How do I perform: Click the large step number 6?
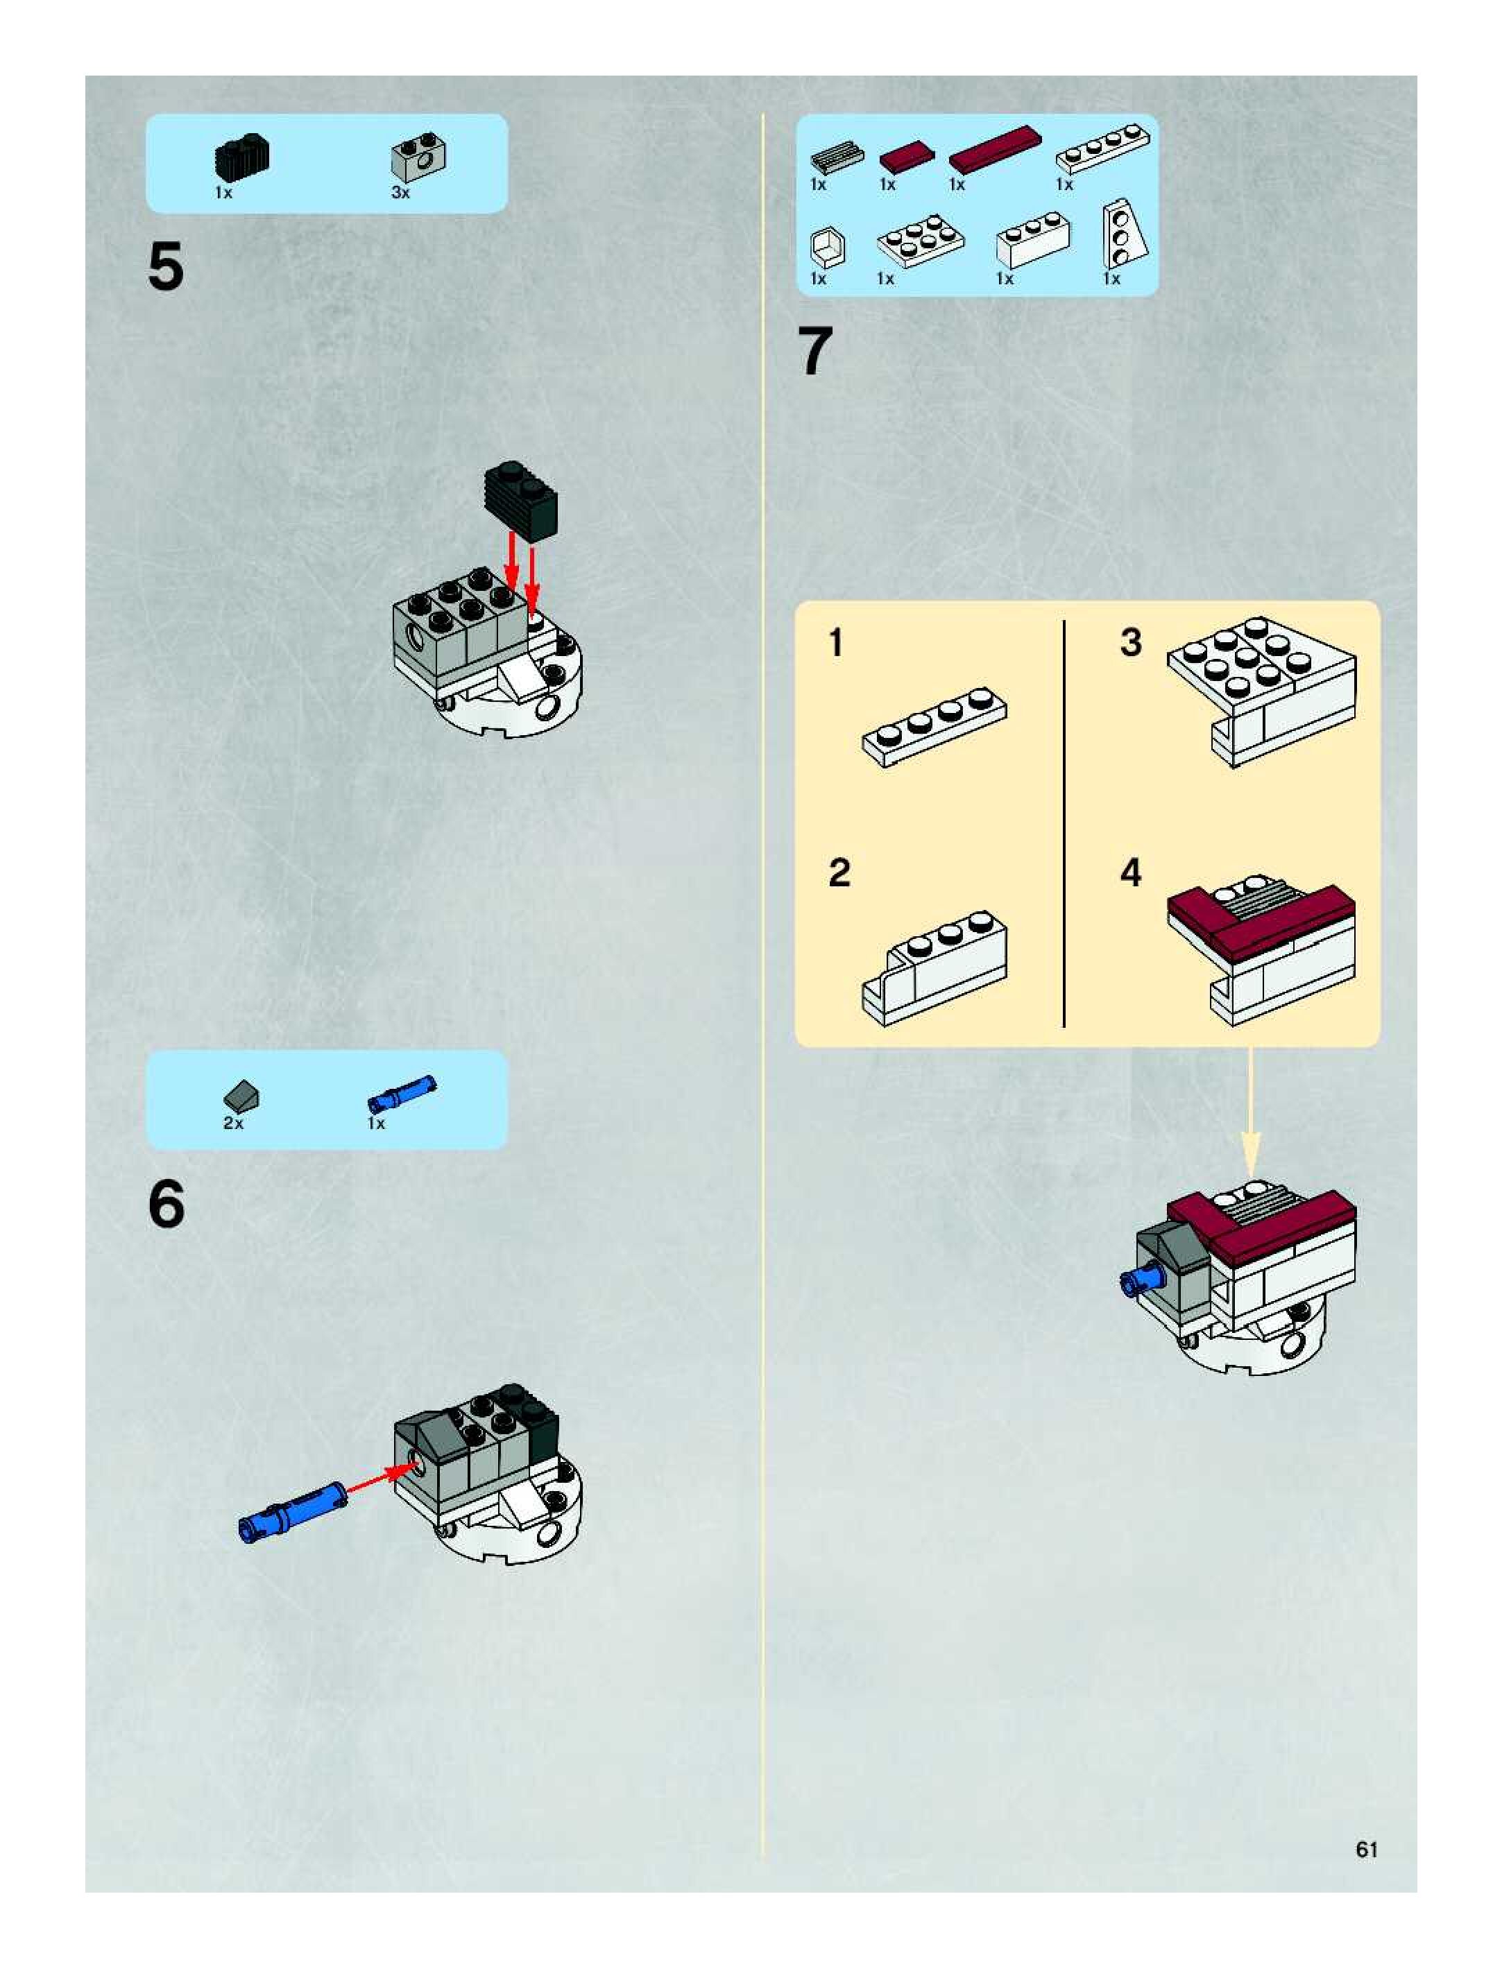click(x=167, y=1205)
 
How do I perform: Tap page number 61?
click(x=1367, y=1849)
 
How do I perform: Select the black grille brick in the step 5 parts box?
click(x=241, y=157)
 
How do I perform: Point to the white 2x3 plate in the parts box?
click(x=920, y=241)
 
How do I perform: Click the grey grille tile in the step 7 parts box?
click(x=837, y=157)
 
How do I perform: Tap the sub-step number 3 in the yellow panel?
click(x=1130, y=642)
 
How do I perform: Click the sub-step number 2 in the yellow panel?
click(x=839, y=872)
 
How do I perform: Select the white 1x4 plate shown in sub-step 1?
click(x=934, y=726)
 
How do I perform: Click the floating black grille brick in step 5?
click(x=520, y=501)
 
